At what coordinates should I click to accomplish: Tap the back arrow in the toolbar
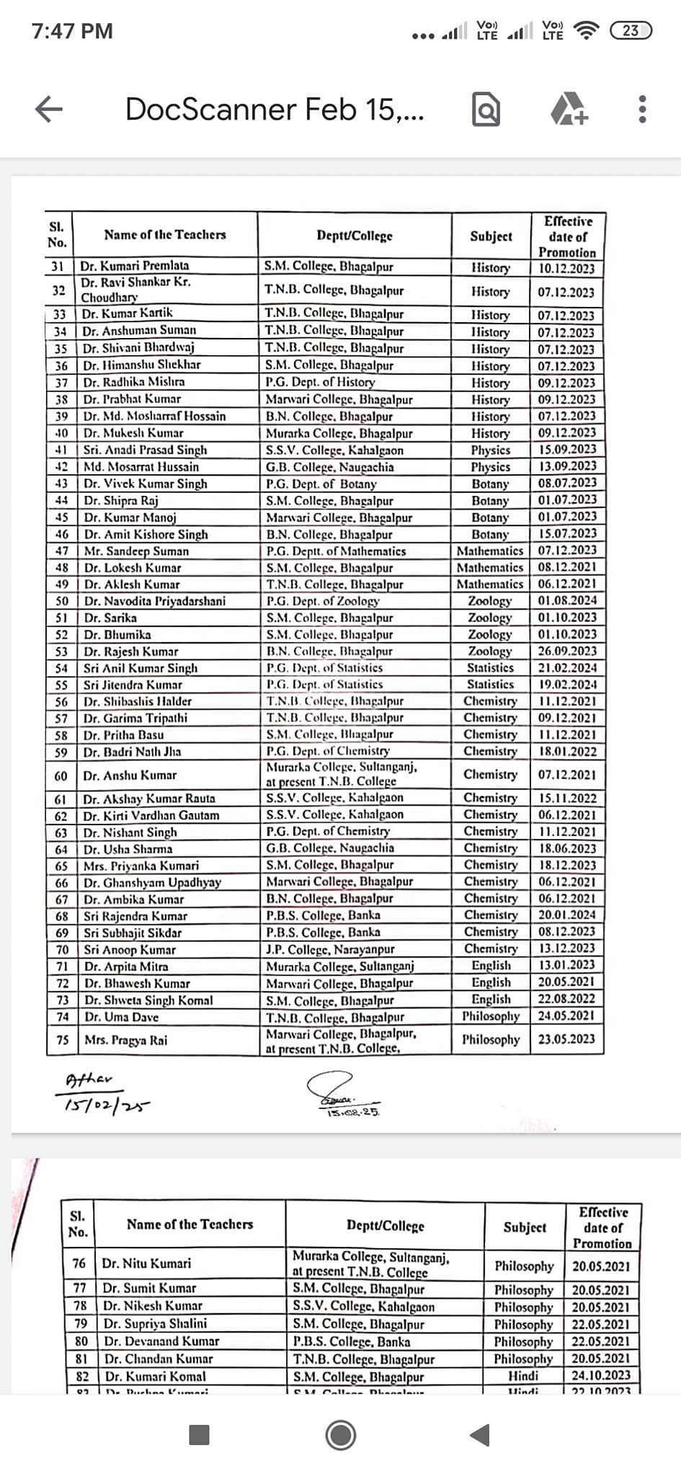pos(48,110)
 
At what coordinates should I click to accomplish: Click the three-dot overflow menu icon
pos(643,110)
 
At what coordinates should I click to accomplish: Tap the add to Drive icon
pos(569,110)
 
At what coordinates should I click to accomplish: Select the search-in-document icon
pos(486,110)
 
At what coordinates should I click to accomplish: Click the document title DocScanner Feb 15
pos(275,110)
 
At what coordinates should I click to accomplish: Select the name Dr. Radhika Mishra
pos(134,382)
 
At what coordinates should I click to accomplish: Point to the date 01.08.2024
pos(567,600)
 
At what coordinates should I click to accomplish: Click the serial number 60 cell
pos(61,775)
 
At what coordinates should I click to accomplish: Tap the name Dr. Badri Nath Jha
pos(133,752)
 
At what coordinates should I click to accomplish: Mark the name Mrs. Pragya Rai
pos(126,1040)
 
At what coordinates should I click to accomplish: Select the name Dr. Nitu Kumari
pos(147,1263)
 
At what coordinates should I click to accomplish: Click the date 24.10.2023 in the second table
pos(601,1375)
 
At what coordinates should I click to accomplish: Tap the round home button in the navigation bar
pos(341,1436)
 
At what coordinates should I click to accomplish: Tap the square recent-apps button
pos(199,1436)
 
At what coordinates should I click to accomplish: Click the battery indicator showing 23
pos(630,30)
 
